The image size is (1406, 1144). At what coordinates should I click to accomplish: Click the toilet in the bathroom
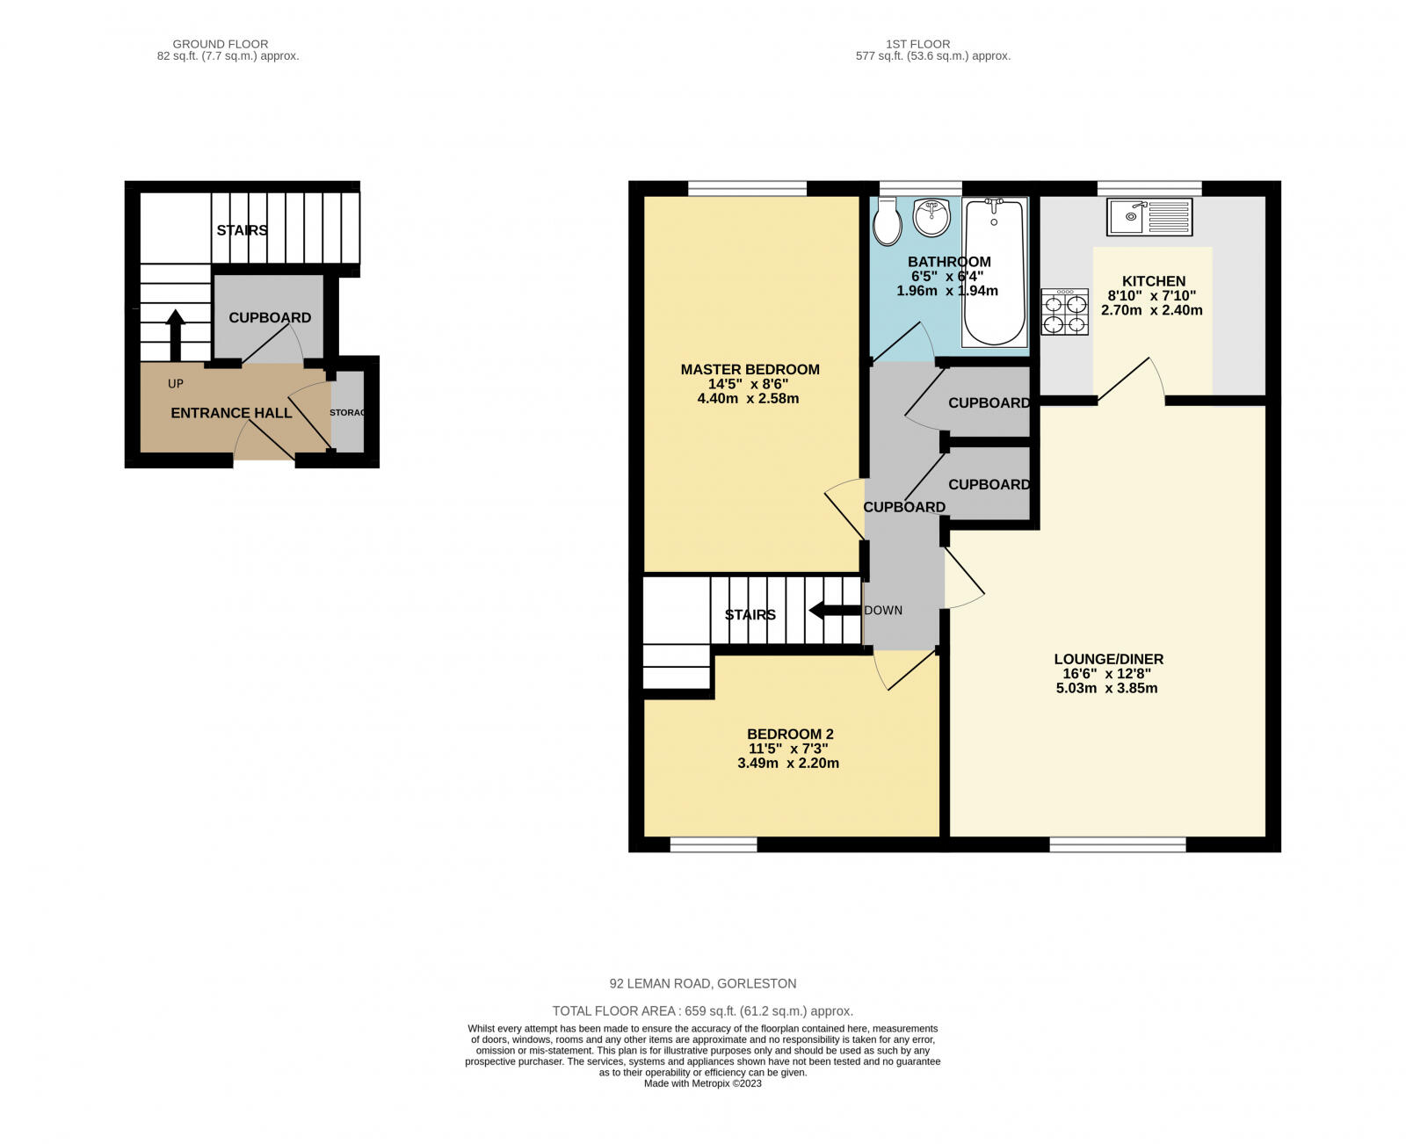(x=887, y=222)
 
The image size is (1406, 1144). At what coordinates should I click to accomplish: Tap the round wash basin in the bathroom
(x=931, y=217)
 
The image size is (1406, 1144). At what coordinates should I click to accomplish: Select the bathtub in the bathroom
(x=995, y=272)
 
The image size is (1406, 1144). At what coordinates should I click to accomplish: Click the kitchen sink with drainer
(x=1149, y=217)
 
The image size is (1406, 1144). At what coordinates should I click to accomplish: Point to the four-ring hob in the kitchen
(x=1065, y=313)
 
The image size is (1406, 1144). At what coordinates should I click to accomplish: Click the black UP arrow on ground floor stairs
(x=176, y=334)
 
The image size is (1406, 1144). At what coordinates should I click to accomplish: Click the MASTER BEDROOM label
(x=750, y=370)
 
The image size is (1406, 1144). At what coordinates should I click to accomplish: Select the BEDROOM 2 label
(x=790, y=735)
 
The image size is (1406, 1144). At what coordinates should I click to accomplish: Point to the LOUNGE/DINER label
(x=1108, y=659)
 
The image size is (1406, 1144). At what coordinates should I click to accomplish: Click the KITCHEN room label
(x=1153, y=281)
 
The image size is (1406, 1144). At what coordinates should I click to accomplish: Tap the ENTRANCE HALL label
(x=231, y=413)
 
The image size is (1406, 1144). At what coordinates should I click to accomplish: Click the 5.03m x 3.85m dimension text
(x=1106, y=688)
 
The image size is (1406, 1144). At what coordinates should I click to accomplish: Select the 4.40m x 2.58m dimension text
(x=748, y=399)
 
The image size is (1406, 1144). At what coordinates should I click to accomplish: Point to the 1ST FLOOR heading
(x=917, y=44)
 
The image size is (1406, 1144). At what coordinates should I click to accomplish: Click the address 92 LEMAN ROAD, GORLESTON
(x=703, y=984)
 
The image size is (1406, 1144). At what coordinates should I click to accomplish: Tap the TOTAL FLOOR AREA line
(x=702, y=1011)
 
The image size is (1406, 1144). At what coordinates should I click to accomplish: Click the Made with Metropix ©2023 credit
(x=702, y=1083)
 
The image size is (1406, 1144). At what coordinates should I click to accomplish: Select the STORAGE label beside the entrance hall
(x=347, y=413)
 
